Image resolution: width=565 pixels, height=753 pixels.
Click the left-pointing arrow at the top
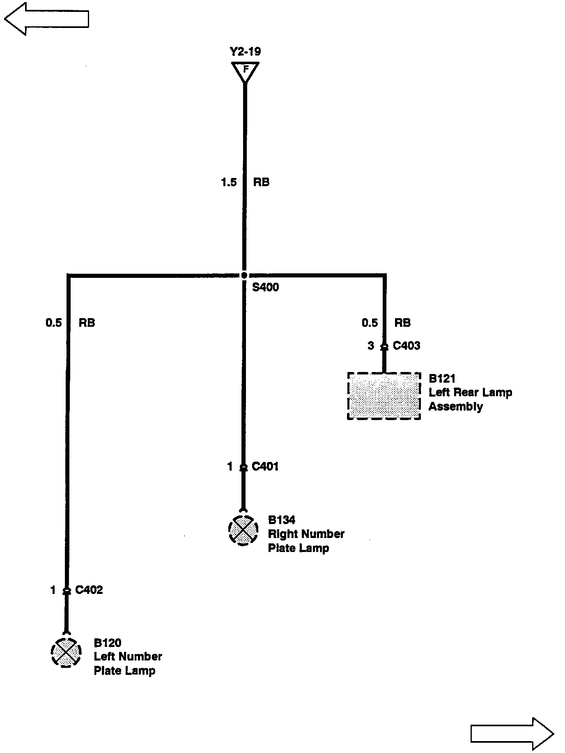tap(46, 19)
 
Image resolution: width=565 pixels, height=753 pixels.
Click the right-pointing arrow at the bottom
tap(512, 734)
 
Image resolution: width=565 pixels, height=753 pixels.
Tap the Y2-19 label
tap(245, 52)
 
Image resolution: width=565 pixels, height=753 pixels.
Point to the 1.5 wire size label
tap(229, 182)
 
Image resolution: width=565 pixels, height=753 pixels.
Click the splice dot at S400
tap(244, 275)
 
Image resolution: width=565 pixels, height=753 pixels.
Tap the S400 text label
tap(265, 287)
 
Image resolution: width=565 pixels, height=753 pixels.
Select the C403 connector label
tap(406, 346)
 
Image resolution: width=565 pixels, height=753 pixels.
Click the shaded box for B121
tap(384, 396)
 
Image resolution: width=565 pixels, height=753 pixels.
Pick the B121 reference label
tap(442, 379)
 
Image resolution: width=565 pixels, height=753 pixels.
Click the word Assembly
tap(456, 407)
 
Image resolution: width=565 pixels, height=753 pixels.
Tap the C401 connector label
tap(265, 467)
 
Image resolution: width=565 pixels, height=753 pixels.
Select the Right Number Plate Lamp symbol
tap(243, 531)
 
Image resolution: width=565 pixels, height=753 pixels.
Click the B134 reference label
tap(282, 520)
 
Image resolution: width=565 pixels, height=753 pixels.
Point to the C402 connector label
tap(89, 590)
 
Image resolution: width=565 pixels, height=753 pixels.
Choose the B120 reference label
tap(108, 643)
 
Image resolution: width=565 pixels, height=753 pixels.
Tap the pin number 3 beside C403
tap(371, 346)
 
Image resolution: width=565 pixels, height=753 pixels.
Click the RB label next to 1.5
tap(261, 182)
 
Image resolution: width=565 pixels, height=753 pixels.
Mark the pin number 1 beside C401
tap(230, 467)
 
